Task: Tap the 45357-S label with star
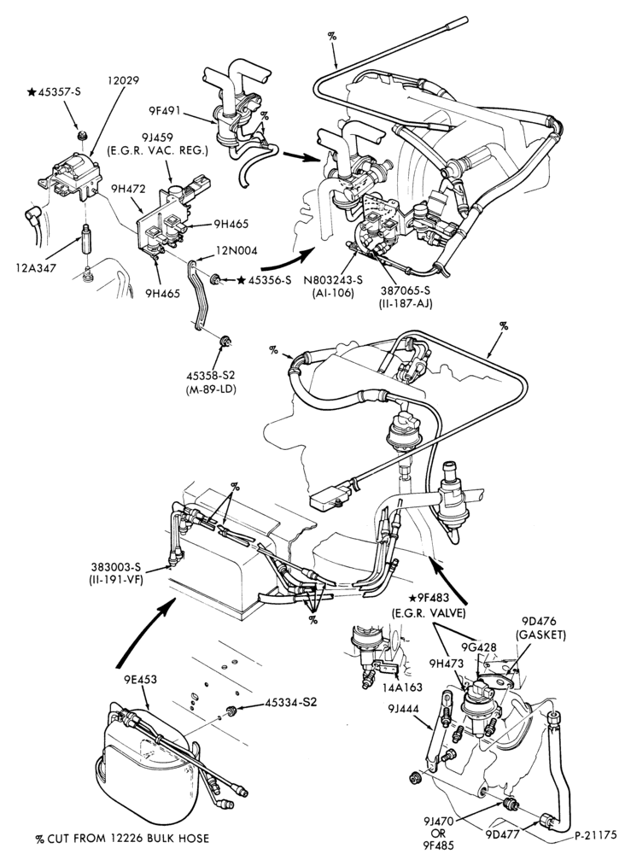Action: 54,91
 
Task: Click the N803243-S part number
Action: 333,280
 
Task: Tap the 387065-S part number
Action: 405,292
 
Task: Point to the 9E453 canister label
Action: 139,679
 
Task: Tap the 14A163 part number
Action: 403,687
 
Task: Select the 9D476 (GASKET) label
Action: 543,628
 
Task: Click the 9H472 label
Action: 128,190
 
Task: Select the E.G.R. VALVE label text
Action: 429,612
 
